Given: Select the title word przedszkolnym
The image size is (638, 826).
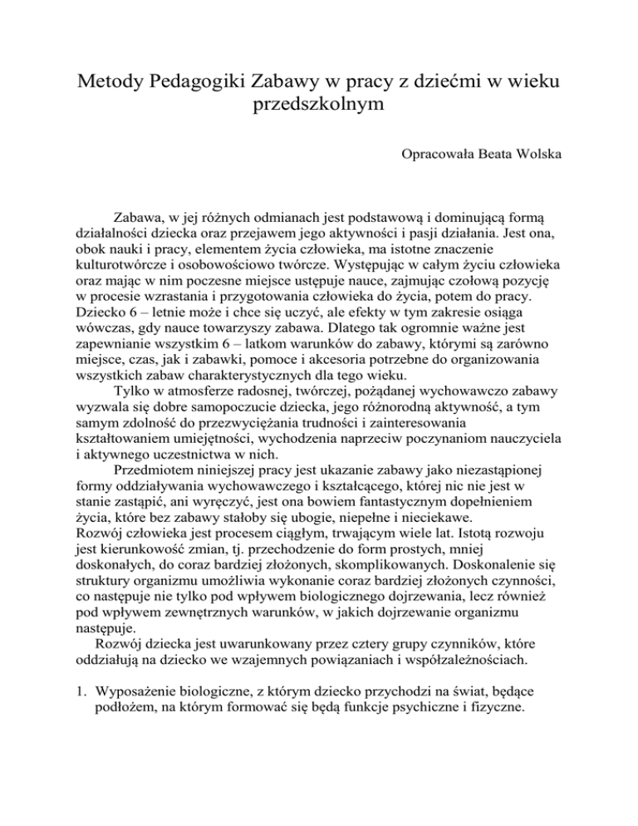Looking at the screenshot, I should (318, 107).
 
